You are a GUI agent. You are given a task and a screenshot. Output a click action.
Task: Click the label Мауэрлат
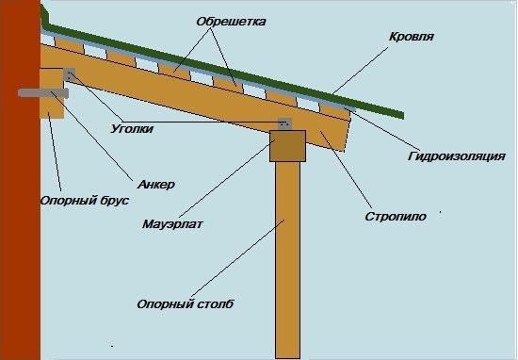coord(174,224)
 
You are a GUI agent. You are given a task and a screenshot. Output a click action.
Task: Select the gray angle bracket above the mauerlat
coord(285,123)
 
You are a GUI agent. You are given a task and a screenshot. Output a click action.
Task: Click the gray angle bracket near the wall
coord(68,74)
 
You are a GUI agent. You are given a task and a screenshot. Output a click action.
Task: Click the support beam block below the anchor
coord(52,106)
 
